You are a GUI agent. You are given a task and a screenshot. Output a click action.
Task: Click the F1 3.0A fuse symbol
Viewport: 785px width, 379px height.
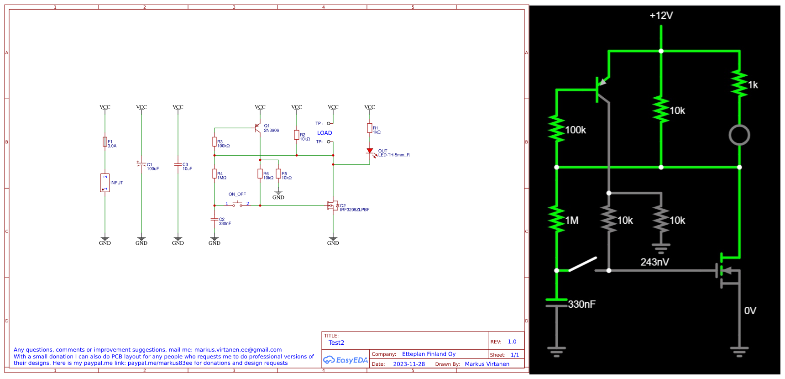[105, 142]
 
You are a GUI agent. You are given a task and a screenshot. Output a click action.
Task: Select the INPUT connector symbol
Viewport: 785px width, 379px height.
[105, 183]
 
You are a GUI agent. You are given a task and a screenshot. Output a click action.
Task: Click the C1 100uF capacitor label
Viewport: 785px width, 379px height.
[152, 167]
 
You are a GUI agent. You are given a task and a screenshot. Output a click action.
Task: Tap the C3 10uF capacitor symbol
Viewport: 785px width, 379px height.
[178, 164]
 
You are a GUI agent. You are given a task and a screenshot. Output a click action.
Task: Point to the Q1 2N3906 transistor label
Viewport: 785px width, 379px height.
[271, 128]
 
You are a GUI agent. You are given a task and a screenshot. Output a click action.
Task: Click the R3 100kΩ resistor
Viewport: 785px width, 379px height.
[215, 142]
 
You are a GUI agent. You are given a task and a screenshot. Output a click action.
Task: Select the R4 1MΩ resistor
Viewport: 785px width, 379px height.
[215, 174]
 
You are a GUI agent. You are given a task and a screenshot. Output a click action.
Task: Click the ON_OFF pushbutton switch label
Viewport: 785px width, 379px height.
[237, 194]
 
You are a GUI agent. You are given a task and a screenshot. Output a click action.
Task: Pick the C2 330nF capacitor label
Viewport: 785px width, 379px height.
[225, 221]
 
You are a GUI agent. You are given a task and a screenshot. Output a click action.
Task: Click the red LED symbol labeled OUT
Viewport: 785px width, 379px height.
[370, 151]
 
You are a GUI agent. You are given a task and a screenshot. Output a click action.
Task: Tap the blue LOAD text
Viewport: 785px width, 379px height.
[324, 133]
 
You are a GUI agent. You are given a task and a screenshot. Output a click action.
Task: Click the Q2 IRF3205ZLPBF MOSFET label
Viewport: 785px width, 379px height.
[354, 208]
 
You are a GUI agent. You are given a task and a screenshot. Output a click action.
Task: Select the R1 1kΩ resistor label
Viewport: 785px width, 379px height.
[376, 130]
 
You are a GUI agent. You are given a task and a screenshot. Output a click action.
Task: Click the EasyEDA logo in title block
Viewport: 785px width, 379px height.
[345, 360]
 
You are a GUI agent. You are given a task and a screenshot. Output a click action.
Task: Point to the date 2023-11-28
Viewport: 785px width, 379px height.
[408, 364]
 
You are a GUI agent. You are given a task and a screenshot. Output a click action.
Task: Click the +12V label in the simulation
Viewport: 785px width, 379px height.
[661, 16]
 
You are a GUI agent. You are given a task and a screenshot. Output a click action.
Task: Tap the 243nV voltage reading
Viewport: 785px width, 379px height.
[654, 262]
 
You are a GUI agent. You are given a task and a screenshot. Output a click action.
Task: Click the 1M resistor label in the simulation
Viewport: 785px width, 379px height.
[572, 221]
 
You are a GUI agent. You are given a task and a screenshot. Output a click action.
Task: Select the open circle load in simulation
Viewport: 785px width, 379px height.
[739, 135]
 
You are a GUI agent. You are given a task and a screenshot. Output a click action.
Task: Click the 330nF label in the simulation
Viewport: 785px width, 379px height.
[581, 304]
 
